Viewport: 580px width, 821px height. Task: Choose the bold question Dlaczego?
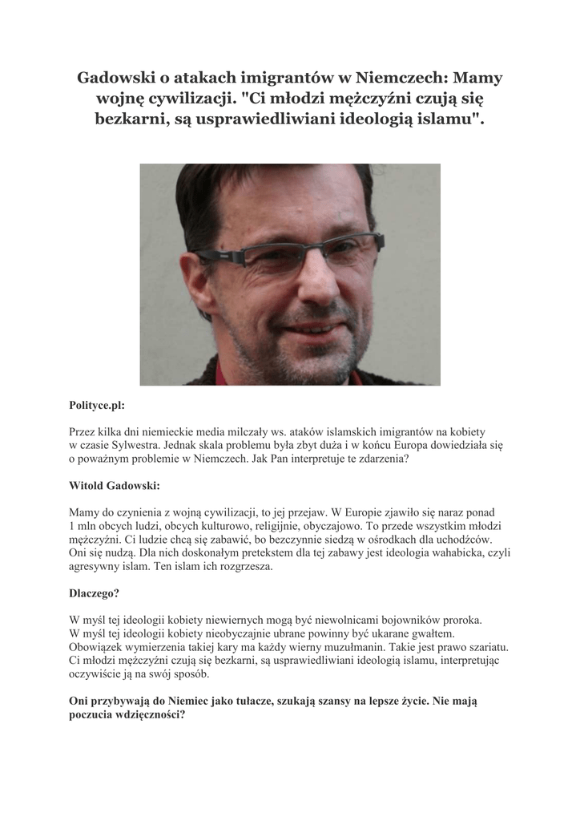pyautogui.click(x=94, y=594)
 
